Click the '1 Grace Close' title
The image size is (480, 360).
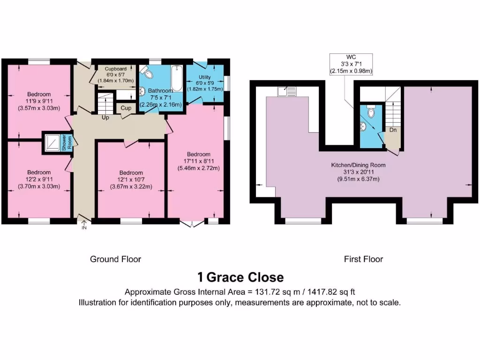240,277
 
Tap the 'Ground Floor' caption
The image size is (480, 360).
115,259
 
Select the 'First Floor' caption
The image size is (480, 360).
363,259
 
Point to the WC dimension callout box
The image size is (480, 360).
351,64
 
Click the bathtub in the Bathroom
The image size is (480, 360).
176,78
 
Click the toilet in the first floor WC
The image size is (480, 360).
371,112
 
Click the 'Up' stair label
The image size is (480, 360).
105,118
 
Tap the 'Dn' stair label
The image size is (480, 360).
393,130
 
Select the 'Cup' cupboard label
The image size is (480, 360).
126,108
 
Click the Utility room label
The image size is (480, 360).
204,83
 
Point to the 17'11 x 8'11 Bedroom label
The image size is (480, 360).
198,161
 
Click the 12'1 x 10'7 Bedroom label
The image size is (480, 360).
131,179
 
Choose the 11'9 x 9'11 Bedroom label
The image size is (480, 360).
38,101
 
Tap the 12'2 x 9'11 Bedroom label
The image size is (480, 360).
38,179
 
